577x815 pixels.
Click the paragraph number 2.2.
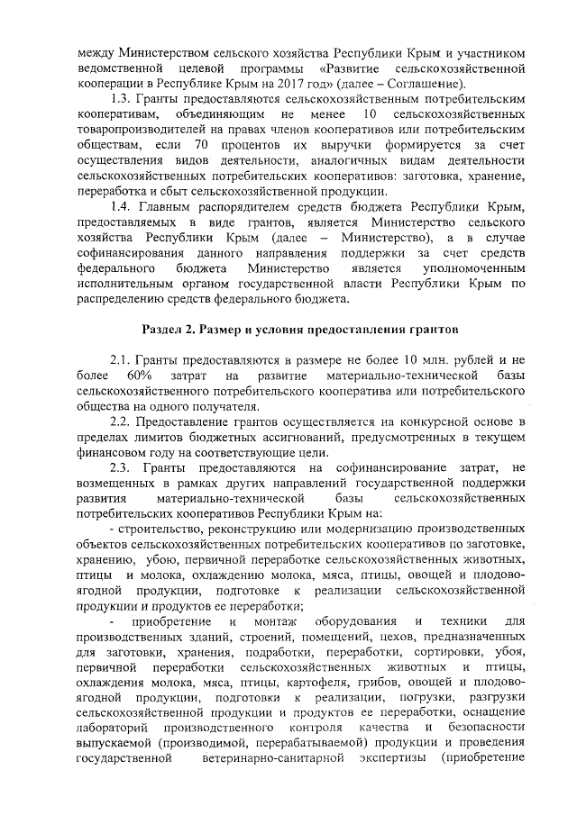121,422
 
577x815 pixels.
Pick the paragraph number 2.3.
121,468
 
